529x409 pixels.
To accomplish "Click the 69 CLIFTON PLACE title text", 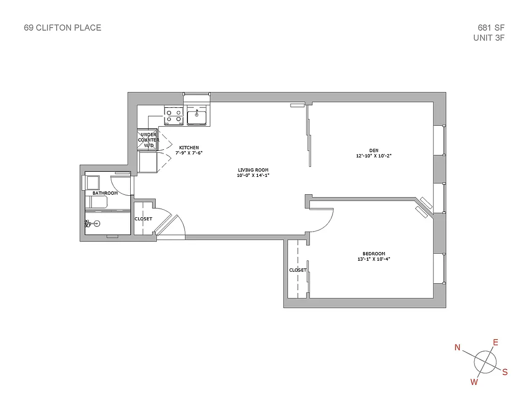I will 62,28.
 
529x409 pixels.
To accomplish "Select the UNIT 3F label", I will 489,37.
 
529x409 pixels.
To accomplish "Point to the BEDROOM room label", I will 374,254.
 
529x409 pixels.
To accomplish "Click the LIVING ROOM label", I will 253,170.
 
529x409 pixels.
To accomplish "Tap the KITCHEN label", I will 188,148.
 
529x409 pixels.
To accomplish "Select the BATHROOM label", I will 105,193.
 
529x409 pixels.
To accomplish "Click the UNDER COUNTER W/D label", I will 149,140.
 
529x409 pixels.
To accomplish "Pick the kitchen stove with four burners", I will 174,116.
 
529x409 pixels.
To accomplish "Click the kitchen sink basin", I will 197,117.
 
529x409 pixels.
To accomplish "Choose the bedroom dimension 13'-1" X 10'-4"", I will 374,259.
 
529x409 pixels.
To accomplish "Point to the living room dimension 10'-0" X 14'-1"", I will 253,176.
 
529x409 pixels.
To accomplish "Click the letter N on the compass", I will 458,348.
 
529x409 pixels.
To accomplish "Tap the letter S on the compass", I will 505,372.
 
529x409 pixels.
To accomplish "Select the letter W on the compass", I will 474,381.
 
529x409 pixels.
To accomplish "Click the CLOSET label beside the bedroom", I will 298,270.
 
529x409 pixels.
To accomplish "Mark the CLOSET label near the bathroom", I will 143,219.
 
